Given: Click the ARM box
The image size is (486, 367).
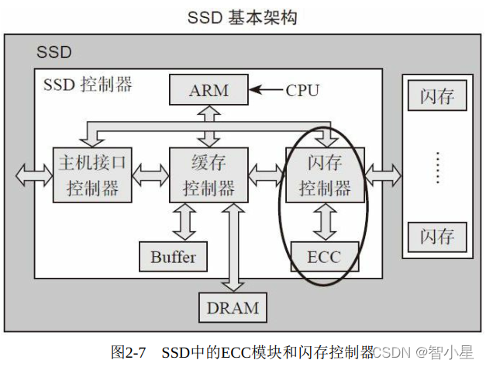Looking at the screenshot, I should pos(209,90).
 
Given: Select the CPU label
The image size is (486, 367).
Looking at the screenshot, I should pos(302,90).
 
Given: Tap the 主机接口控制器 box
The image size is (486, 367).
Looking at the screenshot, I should pos(92,174).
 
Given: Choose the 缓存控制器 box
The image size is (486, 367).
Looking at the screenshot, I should pos(208,174).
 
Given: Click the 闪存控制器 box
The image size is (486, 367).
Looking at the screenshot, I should pos(325,174).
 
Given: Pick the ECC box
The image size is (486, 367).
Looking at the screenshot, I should pos(325,257).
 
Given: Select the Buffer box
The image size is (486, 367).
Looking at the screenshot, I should pos(174,257).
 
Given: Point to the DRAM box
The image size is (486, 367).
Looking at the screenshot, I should pos(233,307).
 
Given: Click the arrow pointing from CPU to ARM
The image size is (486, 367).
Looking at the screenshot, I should pos(267,90).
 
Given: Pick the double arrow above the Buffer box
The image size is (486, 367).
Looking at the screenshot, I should pos(184,221).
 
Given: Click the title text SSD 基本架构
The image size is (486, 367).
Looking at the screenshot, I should pos(242,17).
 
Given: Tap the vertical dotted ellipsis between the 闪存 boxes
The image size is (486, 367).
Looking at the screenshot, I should pos(437,167).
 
